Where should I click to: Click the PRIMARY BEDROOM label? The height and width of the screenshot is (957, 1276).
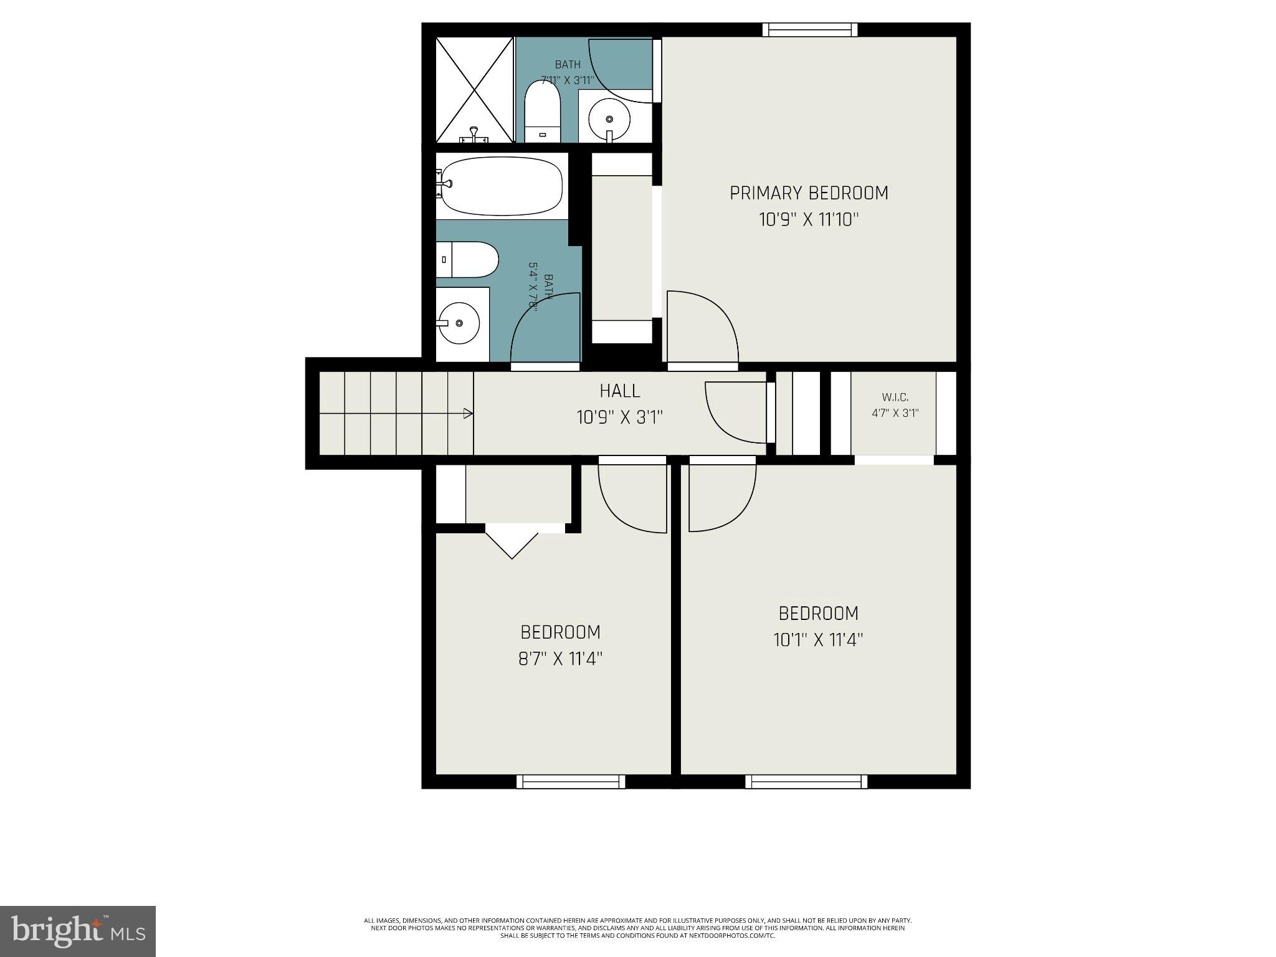809,193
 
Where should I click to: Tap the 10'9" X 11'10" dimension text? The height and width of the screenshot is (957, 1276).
809,220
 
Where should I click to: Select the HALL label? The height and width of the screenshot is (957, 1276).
619,391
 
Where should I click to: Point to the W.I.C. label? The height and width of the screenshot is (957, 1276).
895,397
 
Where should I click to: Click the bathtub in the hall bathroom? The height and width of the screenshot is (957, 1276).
502,186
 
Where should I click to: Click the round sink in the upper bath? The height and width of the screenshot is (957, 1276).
609,119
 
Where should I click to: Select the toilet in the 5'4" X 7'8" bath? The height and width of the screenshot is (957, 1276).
468,259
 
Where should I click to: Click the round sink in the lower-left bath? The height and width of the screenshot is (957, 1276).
458,323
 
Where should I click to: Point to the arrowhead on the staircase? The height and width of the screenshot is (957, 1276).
468,413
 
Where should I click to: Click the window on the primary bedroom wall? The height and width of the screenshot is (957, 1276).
809,29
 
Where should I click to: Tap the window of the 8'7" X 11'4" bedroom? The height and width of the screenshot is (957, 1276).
570,781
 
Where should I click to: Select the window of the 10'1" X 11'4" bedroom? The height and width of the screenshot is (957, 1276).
806,781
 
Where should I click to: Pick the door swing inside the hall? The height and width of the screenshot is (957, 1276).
735,412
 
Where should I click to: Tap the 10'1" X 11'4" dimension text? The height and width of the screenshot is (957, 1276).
818,640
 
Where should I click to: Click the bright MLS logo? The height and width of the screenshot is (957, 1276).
77,931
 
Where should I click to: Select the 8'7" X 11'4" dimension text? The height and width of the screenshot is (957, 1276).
560,659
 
